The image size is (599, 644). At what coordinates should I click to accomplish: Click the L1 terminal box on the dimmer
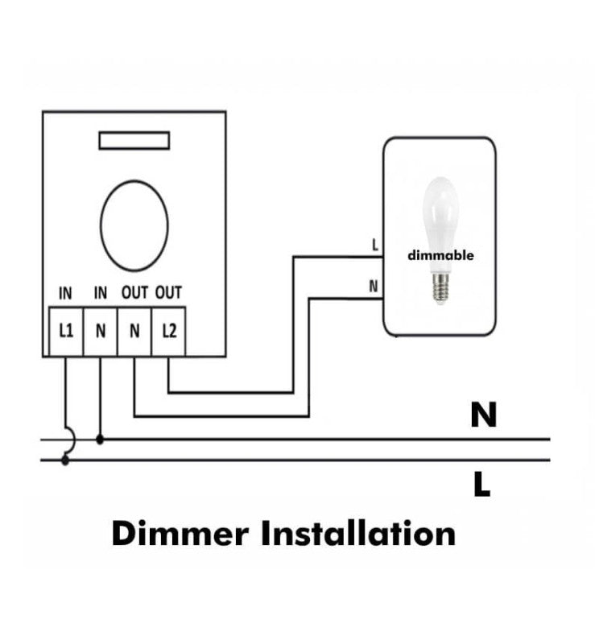click(x=66, y=331)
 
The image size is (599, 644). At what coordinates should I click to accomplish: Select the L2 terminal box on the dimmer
click(x=168, y=331)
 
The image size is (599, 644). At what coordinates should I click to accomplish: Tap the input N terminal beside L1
click(x=100, y=331)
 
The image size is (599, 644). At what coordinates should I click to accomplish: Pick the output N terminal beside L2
click(x=134, y=331)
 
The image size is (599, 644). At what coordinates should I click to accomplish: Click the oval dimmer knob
click(x=134, y=225)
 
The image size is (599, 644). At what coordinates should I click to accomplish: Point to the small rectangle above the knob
click(x=134, y=141)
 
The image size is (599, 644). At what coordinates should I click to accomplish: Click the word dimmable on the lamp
click(x=440, y=256)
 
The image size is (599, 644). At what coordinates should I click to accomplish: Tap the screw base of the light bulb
click(x=440, y=287)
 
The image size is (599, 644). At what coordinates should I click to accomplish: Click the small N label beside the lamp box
click(x=374, y=286)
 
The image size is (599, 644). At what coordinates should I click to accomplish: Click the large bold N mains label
click(x=483, y=415)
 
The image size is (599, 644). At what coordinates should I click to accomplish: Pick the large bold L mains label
click(x=481, y=485)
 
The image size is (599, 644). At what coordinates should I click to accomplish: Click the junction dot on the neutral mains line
click(x=100, y=440)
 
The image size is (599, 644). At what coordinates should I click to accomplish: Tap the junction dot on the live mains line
click(x=66, y=460)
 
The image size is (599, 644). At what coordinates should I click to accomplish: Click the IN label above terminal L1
click(x=66, y=293)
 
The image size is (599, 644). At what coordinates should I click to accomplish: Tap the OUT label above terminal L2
click(x=168, y=293)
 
